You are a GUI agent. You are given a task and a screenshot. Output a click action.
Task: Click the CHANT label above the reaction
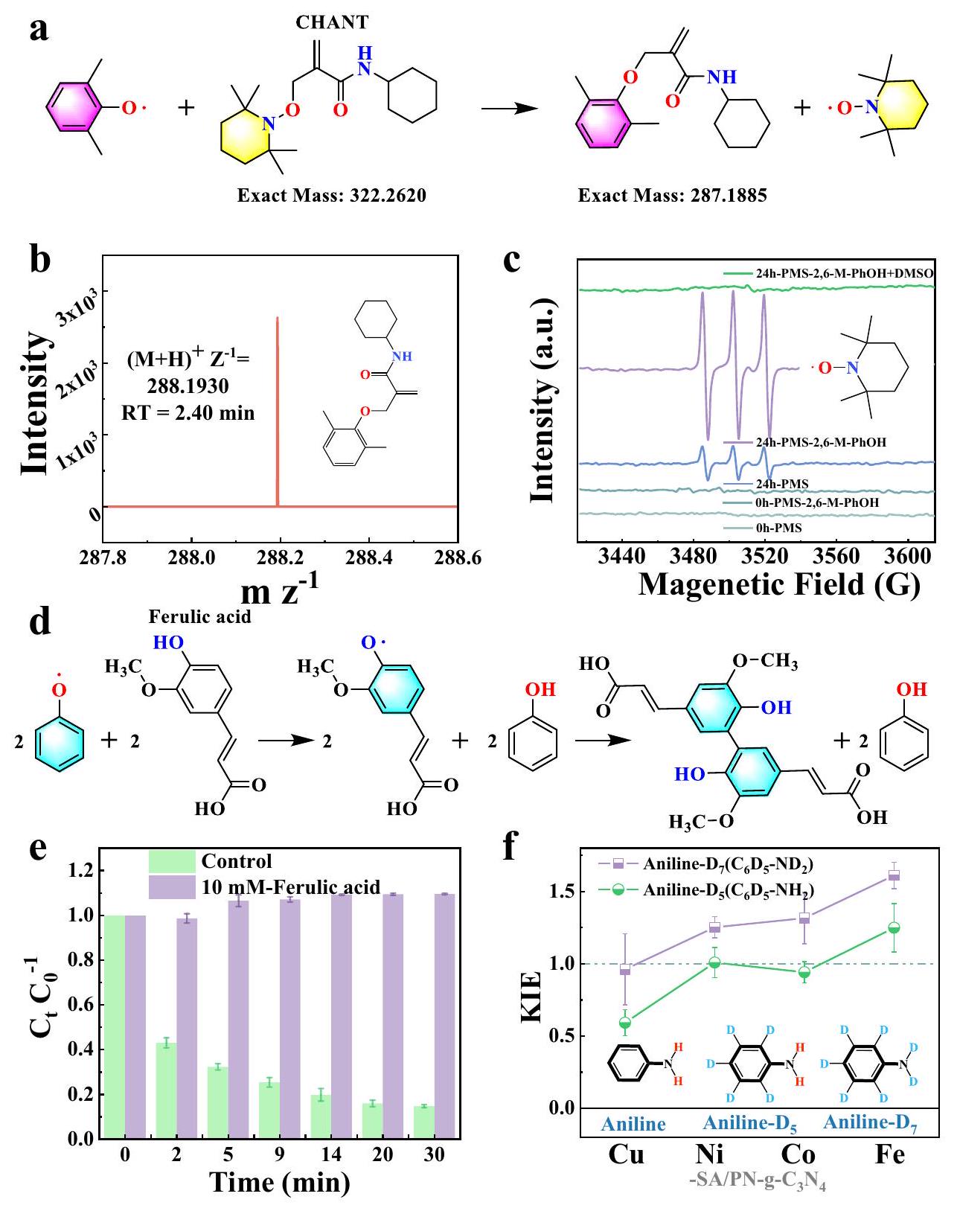point(332,22)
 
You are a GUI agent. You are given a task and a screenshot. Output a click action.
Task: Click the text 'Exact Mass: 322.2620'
point(332,196)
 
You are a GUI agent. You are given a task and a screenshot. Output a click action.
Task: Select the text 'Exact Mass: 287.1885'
point(673,196)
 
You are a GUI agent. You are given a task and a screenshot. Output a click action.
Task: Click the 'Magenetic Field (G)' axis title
point(779,584)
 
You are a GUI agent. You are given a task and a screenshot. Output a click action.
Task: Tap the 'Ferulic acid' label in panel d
point(200,616)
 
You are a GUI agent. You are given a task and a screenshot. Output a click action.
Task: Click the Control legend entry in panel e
point(237,862)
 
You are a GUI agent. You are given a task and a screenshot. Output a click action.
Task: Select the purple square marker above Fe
point(894,875)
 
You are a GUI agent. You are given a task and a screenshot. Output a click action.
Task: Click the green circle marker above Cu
point(626,1023)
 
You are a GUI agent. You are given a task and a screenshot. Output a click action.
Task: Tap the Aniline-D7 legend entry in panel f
point(729,865)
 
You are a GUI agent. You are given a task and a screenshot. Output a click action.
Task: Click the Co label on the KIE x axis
point(798,1154)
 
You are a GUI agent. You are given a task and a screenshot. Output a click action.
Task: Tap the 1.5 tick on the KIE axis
point(564,892)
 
